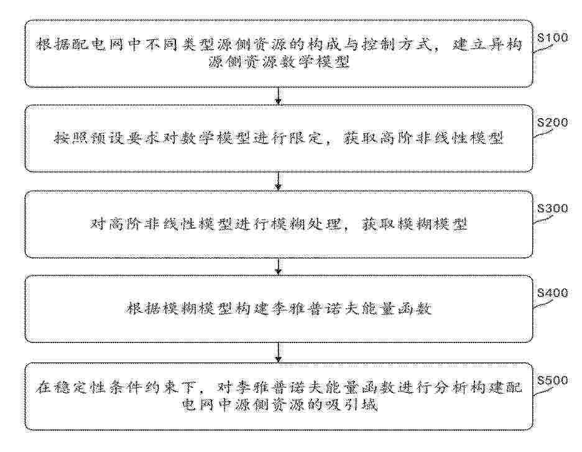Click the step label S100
553,37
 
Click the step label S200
553,122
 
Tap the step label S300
553,208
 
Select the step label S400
553,293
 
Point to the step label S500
553,381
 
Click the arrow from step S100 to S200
279,96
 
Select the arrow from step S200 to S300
279,182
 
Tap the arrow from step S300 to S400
279,267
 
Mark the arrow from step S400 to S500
279,353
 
